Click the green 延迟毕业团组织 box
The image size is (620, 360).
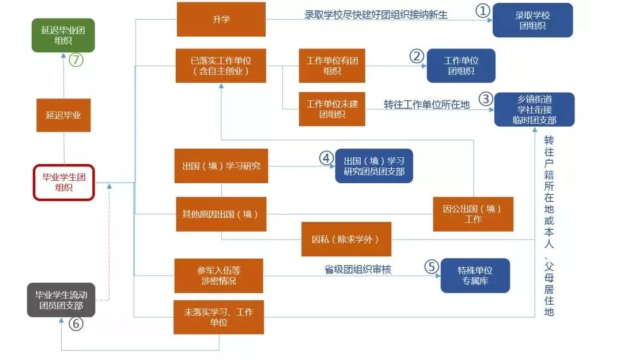click(63, 35)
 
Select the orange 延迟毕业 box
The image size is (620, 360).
click(63, 115)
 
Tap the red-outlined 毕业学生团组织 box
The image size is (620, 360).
click(63, 182)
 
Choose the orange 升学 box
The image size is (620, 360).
click(221, 20)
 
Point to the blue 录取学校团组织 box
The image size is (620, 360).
click(532, 20)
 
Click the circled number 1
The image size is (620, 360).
click(482, 10)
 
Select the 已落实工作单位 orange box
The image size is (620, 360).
click(221, 66)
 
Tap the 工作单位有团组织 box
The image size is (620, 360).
click(332, 66)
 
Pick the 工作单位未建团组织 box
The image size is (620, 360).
click(332, 109)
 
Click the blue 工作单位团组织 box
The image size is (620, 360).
click(461, 66)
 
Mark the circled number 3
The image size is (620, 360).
click(486, 99)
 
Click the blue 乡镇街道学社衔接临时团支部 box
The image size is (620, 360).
click(534, 109)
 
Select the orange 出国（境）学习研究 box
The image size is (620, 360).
click(221, 166)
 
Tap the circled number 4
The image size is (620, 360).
click(327, 157)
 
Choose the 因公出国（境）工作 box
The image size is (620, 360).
click(472, 214)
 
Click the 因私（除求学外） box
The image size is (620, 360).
click(346, 239)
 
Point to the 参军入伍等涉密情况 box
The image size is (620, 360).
click(219, 275)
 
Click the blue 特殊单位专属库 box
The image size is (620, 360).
click(475, 275)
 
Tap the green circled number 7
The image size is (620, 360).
click(76, 59)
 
